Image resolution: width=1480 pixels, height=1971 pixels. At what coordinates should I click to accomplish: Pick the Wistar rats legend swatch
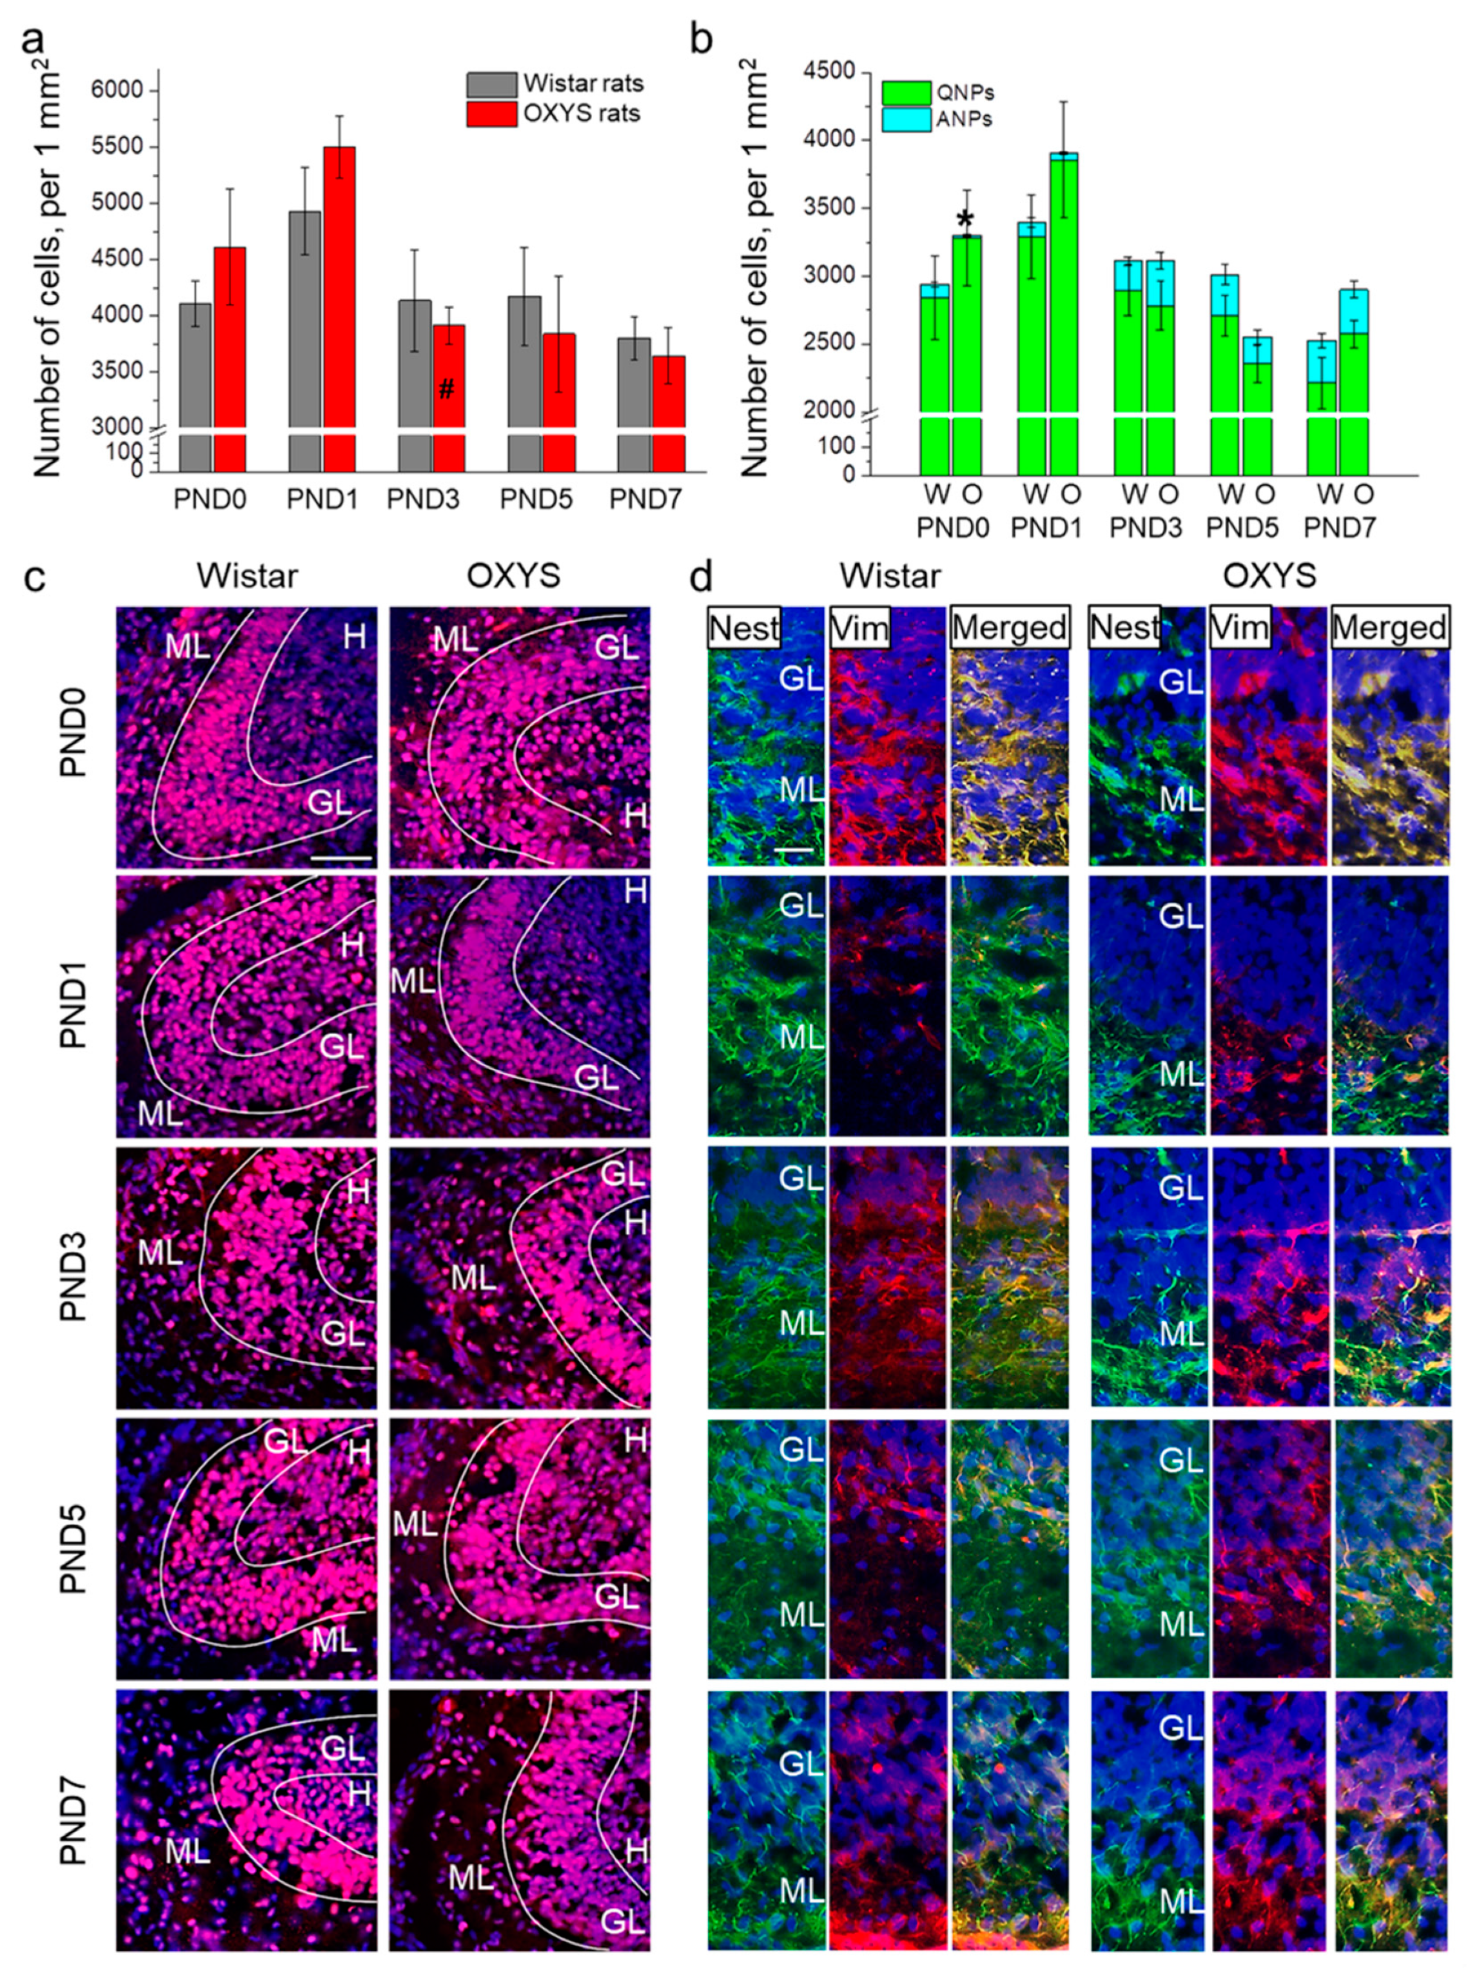click(491, 85)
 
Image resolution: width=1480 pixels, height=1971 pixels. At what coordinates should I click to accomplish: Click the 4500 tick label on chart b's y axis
click(827, 71)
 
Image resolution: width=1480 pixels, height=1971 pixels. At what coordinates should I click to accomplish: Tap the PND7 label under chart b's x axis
click(1340, 527)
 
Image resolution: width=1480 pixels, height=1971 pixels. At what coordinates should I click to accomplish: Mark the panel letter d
click(701, 577)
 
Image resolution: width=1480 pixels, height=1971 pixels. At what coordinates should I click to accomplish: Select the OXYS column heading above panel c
click(514, 576)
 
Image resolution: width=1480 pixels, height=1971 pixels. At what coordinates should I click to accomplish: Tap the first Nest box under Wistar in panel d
click(744, 629)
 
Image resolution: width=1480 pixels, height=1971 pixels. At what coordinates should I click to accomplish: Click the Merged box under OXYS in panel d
click(1390, 629)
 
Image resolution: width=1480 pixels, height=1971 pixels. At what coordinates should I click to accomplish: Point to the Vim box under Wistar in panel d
click(860, 629)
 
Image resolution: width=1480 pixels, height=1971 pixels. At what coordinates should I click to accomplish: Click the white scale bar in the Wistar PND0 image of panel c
click(341, 857)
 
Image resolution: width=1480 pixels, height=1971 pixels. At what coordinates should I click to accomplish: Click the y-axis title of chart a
click(49, 267)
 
